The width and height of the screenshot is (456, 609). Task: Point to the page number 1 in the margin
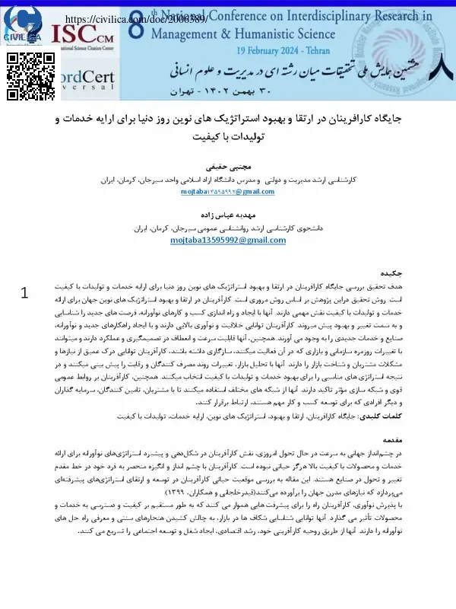tap(25, 293)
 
